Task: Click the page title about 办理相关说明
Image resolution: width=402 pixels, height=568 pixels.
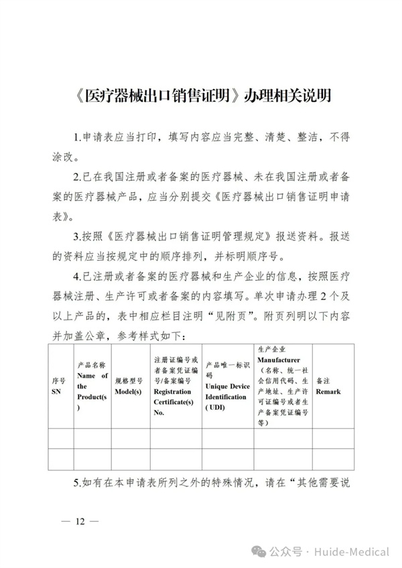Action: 201,96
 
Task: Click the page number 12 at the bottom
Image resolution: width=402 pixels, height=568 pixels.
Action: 80,522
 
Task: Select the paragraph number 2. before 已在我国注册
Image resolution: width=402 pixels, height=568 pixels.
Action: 77,177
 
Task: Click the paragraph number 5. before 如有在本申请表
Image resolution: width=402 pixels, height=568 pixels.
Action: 77,482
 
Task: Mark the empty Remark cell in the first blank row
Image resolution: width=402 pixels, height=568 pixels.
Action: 333,437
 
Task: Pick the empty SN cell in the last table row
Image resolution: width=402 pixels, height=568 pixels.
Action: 58,459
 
